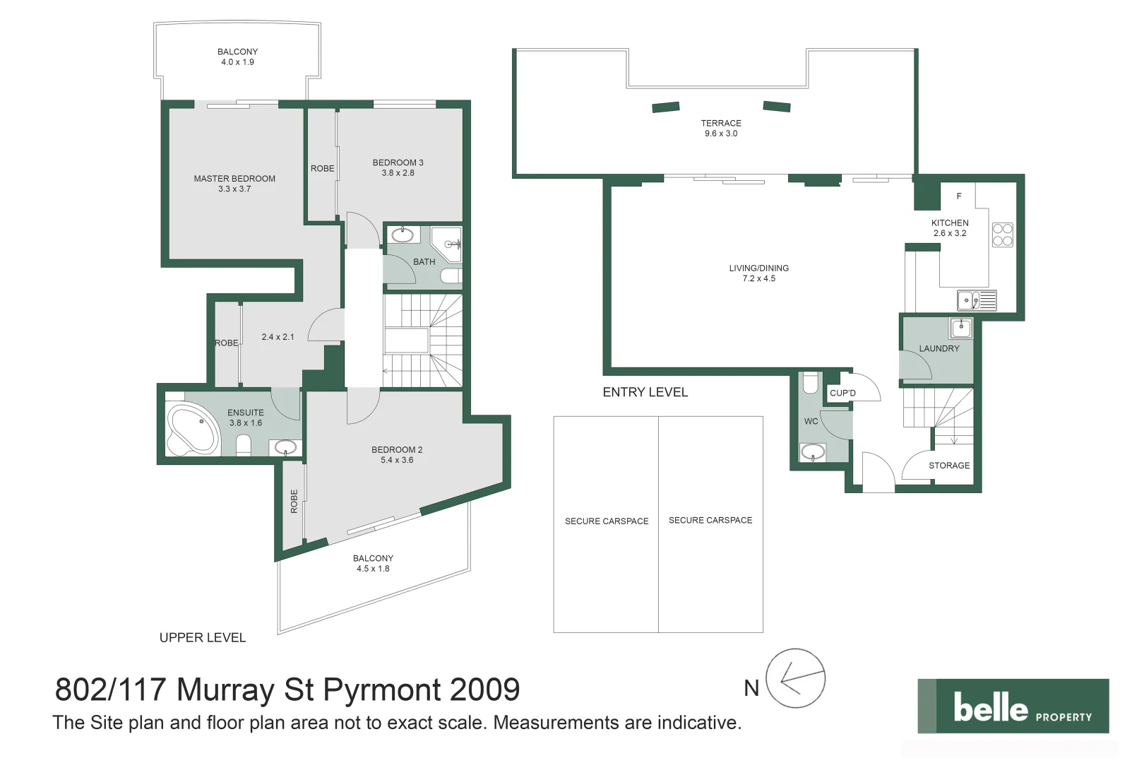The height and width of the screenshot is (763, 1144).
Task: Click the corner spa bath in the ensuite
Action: (191, 428)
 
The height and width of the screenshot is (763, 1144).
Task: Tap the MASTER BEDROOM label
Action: (234, 179)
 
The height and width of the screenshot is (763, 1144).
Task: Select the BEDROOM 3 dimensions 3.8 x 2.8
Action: (398, 173)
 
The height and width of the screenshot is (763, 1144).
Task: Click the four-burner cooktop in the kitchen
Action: (1002, 235)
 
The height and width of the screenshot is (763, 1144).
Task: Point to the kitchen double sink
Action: (977, 300)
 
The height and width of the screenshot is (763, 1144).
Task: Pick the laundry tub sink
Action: (960, 328)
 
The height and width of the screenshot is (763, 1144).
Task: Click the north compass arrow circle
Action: (795, 679)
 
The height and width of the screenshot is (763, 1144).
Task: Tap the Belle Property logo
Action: (1013, 706)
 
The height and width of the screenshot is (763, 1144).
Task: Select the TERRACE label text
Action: (720, 123)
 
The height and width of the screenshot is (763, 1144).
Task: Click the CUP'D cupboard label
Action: (842, 394)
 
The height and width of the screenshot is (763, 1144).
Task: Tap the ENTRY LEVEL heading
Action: (645, 393)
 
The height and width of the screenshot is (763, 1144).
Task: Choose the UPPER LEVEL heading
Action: (203, 638)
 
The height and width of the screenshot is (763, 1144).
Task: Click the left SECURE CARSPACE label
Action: (606, 521)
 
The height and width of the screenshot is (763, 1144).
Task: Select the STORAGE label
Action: (948, 466)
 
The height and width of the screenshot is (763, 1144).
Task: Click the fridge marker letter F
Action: (958, 196)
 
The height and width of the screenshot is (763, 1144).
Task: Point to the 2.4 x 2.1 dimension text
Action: (278, 337)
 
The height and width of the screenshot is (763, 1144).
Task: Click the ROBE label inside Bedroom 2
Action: (294, 501)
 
